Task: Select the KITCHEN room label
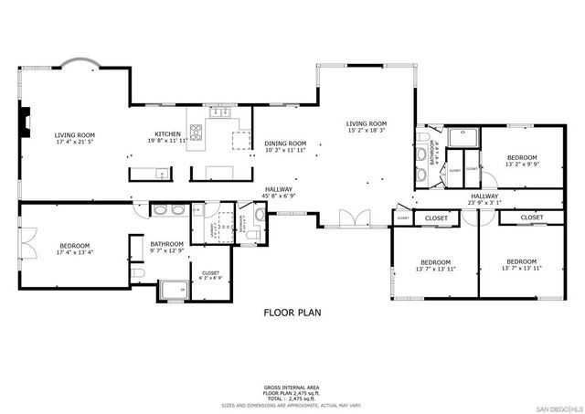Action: (167, 133)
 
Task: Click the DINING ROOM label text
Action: (285, 143)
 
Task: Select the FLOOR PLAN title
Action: (292, 313)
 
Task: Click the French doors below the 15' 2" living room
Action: (351, 219)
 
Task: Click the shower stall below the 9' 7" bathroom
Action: (173, 292)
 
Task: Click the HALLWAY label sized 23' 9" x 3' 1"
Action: (484, 196)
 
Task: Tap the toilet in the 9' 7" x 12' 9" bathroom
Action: (136, 272)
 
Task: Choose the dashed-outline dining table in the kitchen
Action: (240, 140)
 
